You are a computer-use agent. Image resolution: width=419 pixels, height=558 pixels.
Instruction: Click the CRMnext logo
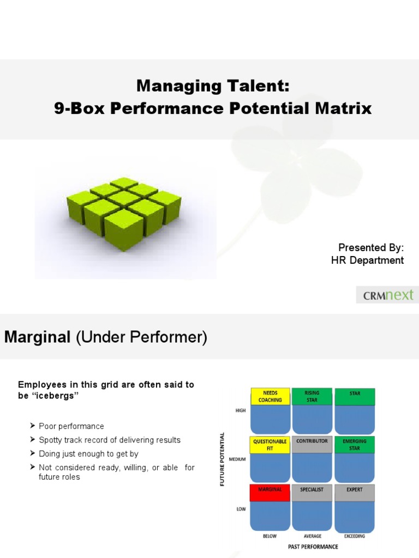point(388,296)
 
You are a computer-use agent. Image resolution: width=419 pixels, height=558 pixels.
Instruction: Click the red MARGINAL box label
point(270,490)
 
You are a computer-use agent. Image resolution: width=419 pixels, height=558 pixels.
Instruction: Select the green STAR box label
point(355,393)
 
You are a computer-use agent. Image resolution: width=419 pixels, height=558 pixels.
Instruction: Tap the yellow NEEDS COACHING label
point(270,396)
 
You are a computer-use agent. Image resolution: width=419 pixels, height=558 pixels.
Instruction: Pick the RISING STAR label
point(313,396)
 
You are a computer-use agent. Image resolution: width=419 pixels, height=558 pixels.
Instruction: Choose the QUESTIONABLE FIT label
point(270,445)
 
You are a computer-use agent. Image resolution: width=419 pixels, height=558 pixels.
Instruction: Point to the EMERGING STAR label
point(355,445)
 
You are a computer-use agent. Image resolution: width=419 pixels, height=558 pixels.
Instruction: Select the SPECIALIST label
point(313,490)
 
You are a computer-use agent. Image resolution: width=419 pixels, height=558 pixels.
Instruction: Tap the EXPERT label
point(355,490)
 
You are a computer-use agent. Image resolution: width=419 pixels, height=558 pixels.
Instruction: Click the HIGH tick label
point(241,411)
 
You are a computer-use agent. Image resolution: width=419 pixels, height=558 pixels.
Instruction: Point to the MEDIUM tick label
point(238,459)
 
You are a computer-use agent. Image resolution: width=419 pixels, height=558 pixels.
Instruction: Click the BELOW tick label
point(270,536)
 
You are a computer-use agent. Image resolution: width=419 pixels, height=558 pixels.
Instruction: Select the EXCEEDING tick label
point(355,536)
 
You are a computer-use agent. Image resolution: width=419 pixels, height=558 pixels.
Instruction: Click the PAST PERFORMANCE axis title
point(313,547)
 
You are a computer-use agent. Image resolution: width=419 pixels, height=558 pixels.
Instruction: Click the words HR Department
point(367,260)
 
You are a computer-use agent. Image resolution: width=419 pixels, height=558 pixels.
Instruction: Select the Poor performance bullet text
point(71,426)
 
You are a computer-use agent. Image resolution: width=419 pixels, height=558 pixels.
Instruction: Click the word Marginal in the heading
point(38,338)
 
